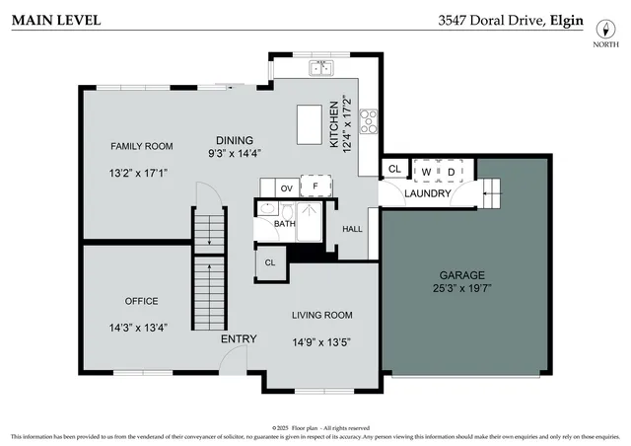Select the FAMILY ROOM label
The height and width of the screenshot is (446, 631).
coord(141,146)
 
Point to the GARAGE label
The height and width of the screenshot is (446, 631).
coord(461,274)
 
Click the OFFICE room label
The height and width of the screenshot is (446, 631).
coord(141,301)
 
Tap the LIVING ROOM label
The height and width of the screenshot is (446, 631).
coord(321,316)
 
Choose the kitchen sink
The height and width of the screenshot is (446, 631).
coord(320,68)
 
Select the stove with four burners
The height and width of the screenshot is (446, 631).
coord(369,120)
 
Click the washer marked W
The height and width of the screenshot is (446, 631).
coord(426,172)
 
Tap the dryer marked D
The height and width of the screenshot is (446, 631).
coord(452,172)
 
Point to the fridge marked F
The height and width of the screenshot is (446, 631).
coord(315,186)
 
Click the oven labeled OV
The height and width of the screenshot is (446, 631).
coord(286,187)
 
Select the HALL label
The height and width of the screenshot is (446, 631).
coord(352,229)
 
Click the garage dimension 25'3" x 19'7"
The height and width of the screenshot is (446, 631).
coord(461,289)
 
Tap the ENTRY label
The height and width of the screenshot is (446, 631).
coord(239,339)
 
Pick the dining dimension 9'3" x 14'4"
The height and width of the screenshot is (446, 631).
coord(234,154)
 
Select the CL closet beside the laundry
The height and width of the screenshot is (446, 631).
coord(394,170)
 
